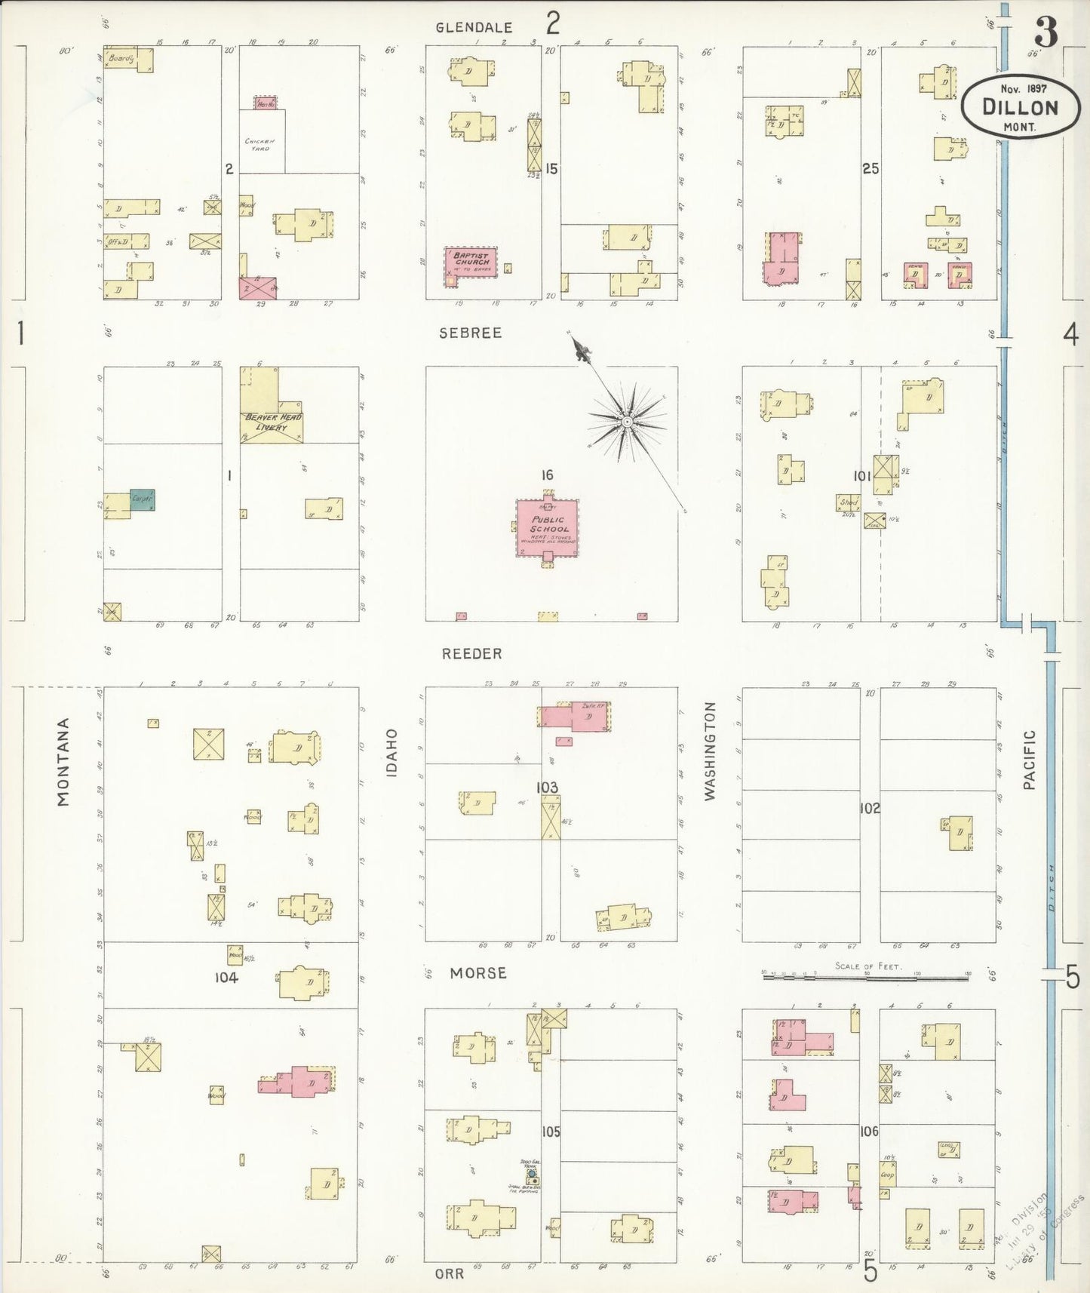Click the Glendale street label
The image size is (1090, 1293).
(474, 27)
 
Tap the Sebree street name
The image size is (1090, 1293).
(471, 333)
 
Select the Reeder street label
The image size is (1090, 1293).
(472, 654)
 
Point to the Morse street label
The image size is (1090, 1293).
(478, 973)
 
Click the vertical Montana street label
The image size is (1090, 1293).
(63, 762)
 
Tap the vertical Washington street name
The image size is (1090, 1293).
(709, 751)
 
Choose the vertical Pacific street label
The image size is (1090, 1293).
(1030, 760)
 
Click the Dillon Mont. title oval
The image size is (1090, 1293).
(1019, 106)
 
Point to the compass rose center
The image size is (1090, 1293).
(627, 421)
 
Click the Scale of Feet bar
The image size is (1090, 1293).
(866, 977)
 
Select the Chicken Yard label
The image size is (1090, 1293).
(259, 144)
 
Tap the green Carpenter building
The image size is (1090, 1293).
(142, 499)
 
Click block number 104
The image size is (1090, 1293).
(226, 977)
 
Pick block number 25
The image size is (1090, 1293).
(870, 169)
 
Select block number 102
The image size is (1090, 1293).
(870, 809)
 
